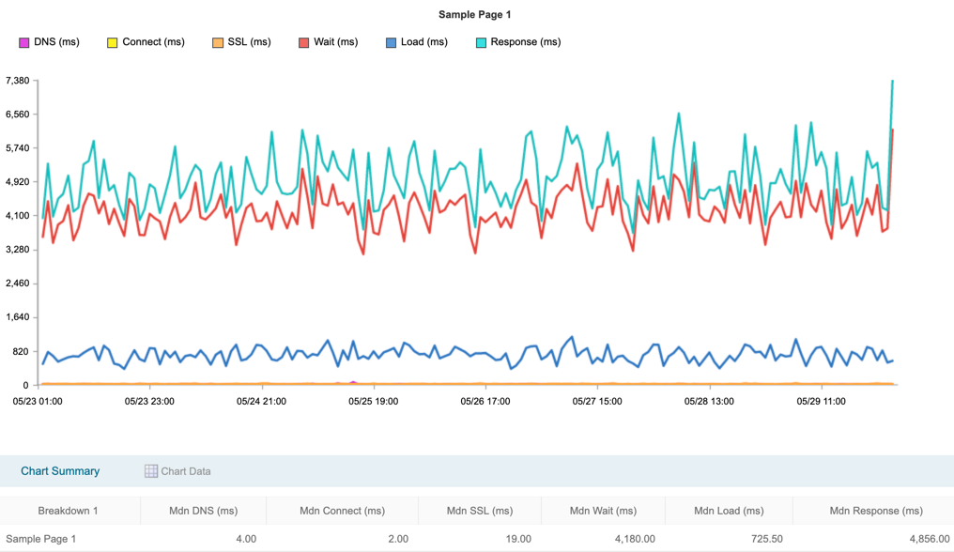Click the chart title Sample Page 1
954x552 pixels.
click(474, 15)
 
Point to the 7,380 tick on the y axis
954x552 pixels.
click(18, 81)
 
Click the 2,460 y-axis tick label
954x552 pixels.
click(18, 284)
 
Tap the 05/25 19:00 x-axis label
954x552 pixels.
click(373, 401)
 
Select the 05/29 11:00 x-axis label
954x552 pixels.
click(821, 401)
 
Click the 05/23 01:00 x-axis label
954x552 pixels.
click(38, 401)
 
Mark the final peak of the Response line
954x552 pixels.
click(892, 82)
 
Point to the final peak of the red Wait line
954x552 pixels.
click(892, 130)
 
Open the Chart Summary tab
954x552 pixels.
click(60, 471)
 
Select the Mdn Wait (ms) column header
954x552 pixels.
click(603, 511)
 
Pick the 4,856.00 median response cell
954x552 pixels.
click(916, 539)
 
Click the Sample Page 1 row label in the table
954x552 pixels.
click(41, 539)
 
